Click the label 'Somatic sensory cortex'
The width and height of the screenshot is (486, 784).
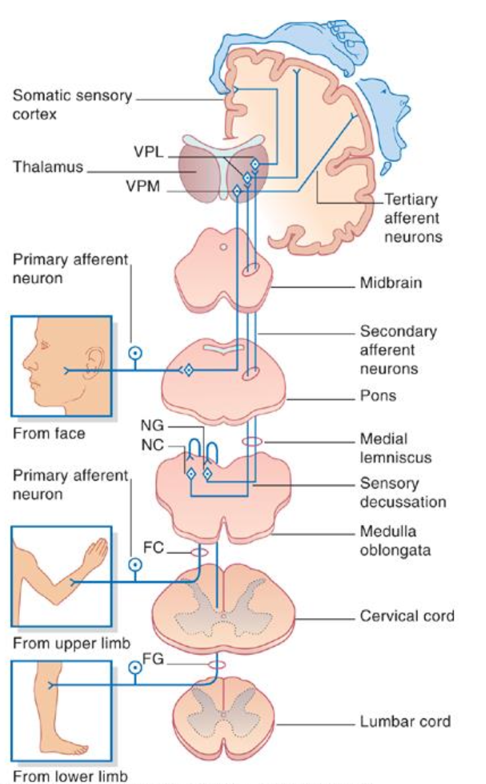(x=72, y=105)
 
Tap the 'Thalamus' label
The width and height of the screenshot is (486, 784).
(x=48, y=167)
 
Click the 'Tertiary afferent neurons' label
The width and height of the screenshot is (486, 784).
(x=413, y=217)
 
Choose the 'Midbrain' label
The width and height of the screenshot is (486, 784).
(x=390, y=284)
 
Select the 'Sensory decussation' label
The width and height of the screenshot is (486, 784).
(x=403, y=492)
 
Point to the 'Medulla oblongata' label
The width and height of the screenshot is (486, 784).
(x=394, y=540)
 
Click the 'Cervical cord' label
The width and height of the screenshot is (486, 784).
(x=407, y=616)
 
